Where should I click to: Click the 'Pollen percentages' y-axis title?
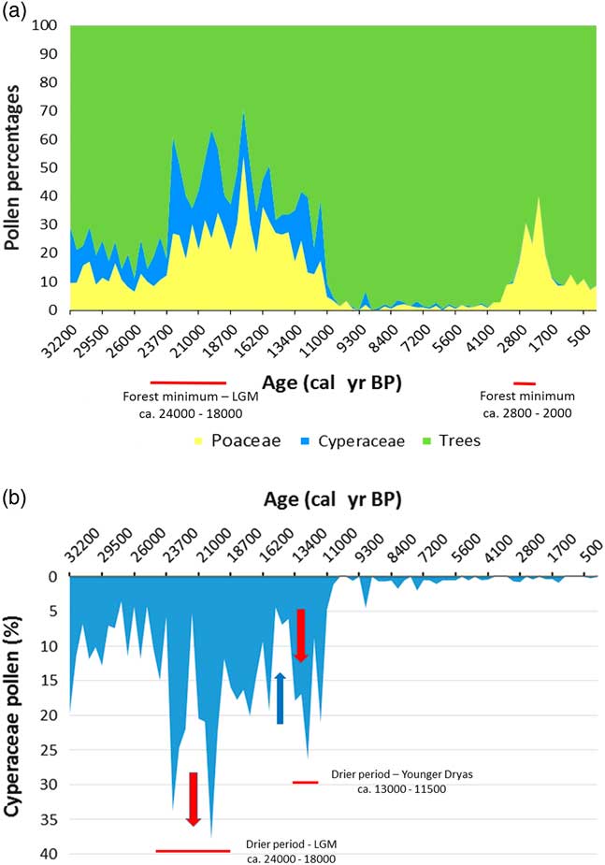pos(14,168)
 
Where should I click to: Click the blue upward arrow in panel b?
pos(280,698)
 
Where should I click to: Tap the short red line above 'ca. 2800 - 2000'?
pos(525,382)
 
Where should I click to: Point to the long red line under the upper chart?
pos(188,382)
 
